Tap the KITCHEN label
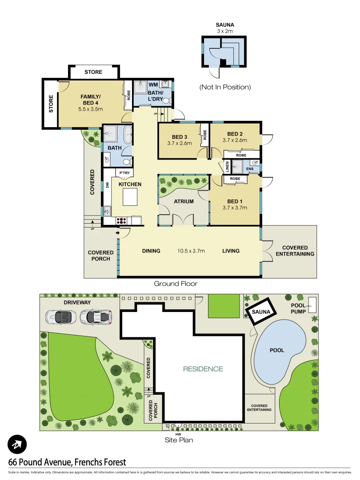(129, 184)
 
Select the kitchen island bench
(130, 197)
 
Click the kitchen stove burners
(121, 220)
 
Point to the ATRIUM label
(184, 201)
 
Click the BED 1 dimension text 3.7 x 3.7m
(234, 207)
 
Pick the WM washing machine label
(153, 84)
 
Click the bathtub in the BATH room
(127, 134)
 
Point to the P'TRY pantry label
(123, 173)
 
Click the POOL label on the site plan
(277, 350)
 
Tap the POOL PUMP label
(298, 309)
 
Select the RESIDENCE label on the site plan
(204, 369)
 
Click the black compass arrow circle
(17, 444)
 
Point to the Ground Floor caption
(176, 284)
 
